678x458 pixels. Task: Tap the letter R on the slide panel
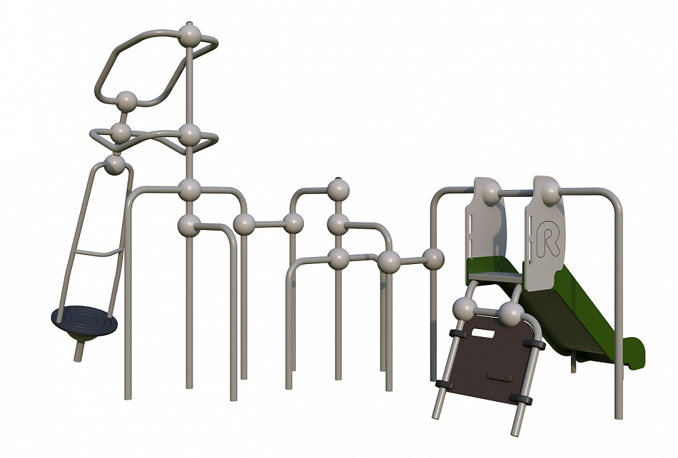547,238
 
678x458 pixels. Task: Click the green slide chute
575,311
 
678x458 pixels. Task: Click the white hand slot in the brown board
484,333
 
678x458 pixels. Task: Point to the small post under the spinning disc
79,350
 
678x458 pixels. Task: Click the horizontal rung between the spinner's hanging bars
98,253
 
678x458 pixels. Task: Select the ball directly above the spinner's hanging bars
115,164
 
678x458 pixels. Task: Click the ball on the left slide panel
491,193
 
